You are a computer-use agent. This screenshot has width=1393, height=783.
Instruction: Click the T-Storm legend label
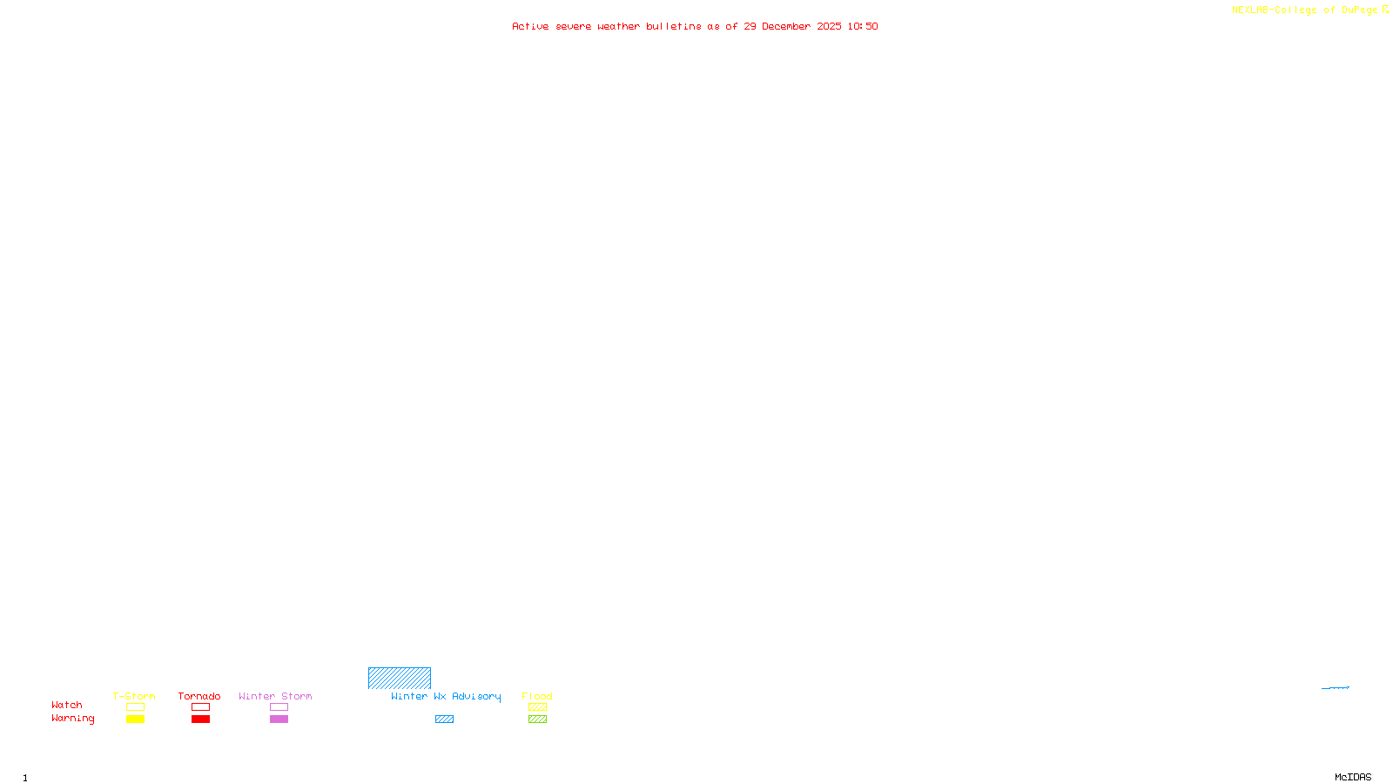pyautogui.click(x=134, y=696)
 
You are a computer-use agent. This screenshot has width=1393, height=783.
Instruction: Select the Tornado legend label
pyautogui.click(x=199, y=696)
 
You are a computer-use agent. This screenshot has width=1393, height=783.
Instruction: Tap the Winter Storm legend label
pyautogui.click(x=275, y=696)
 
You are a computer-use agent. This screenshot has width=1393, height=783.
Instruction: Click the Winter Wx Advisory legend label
pyautogui.click(x=446, y=696)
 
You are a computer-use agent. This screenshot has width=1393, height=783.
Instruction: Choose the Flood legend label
pyautogui.click(x=537, y=696)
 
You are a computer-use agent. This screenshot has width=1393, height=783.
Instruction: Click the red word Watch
pyautogui.click(x=67, y=705)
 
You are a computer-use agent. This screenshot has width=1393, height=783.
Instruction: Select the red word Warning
pyautogui.click(x=73, y=719)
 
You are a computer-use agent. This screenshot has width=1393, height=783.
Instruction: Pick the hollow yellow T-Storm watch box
pyautogui.click(x=135, y=707)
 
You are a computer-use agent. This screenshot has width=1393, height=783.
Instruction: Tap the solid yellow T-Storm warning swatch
pyautogui.click(x=135, y=719)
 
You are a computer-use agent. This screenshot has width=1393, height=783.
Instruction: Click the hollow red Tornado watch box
pyautogui.click(x=200, y=707)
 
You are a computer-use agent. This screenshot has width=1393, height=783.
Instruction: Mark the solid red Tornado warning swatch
pyautogui.click(x=200, y=719)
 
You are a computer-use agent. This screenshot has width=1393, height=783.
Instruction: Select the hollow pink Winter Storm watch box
pyautogui.click(x=279, y=707)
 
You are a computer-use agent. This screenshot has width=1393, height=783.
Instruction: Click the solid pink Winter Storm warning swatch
pyautogui.click(x=279, y=719)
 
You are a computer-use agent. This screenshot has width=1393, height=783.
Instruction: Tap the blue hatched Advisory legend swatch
pyautogui.click(x=444, y=719)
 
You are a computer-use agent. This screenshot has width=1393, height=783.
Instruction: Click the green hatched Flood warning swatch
pyautogui.click(x=537, y=719)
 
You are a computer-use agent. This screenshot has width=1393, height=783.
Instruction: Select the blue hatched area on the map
pyautogui.click(x=399, y=678)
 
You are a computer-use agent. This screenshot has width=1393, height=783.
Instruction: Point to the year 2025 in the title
pyautogui.click(x=829, y=26)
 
